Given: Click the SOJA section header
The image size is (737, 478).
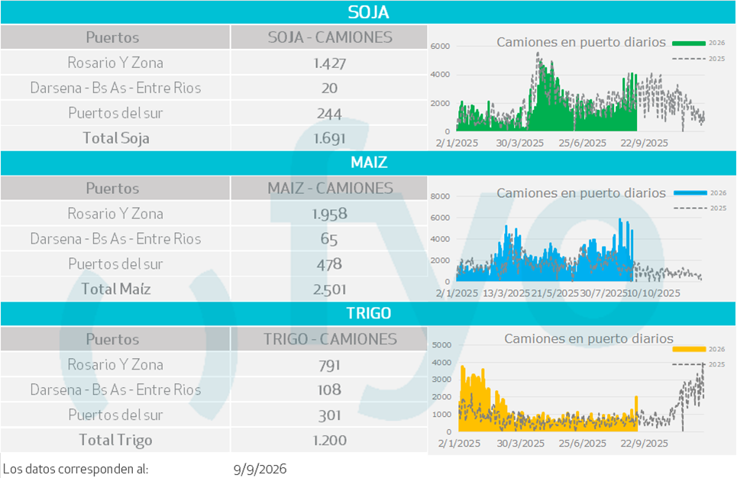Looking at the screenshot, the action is point(368,12).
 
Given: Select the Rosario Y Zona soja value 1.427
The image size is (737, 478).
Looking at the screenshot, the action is point(329,63).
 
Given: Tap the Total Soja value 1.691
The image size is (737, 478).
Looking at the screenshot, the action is point(329,138).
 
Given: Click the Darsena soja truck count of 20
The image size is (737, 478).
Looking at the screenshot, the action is point(329,88).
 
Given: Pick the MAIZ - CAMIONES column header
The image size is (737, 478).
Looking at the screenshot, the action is point(330,188).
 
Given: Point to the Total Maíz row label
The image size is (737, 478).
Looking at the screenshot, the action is point(115,289).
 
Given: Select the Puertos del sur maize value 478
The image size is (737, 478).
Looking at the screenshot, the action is point(329,264).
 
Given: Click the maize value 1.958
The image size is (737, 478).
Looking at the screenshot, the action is point(329,214).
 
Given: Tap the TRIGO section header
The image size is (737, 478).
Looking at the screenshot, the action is point(368,313).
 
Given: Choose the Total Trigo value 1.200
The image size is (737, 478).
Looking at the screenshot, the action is point(329,441).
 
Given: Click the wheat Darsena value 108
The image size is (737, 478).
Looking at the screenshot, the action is point(329,389).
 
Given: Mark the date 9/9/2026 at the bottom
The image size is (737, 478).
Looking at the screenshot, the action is point(260,469).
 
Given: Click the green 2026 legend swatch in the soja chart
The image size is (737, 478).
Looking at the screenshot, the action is point(689,44).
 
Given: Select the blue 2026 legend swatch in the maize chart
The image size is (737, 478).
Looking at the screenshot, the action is point(690,192).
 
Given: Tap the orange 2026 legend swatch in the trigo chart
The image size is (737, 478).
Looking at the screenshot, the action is point(689,349).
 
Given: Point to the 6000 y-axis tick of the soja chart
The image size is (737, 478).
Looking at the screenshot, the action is point(440,46).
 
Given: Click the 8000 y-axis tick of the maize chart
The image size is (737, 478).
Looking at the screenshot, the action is point(440,196).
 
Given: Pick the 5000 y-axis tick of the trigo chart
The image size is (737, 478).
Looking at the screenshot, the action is point(441,345).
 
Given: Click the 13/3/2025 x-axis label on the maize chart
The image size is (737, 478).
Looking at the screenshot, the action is point(506,293).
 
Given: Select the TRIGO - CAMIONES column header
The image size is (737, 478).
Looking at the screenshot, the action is point(330,339).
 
